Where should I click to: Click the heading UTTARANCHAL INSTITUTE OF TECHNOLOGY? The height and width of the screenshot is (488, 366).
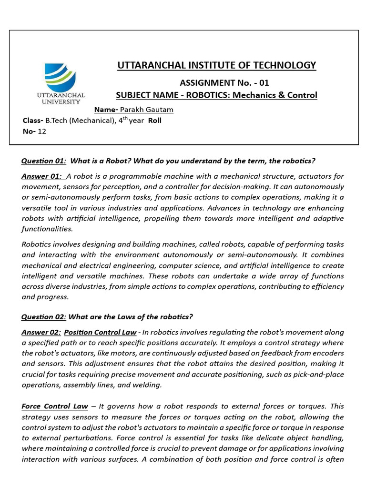click(x=217, y=65)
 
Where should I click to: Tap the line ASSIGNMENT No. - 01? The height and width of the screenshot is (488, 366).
click(x=224, y=82)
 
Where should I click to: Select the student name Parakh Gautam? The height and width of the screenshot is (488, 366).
click(x=146, y=110)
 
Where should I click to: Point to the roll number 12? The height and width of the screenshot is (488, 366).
click(x=42, y=131)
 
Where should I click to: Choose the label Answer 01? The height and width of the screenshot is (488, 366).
click(x=41, y=176)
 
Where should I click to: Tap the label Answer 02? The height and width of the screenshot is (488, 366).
click(x=41, y=332)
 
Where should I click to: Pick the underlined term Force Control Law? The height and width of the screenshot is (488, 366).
click(x=55, y=406)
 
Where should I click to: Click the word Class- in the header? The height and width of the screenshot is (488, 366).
click(x=33, y=121)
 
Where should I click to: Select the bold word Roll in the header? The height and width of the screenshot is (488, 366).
click(x=155, y=121)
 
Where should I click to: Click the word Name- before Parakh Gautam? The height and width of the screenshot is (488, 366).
click(x=106, y=110)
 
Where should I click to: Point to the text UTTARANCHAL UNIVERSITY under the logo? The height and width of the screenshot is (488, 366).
click(x=61, y=98)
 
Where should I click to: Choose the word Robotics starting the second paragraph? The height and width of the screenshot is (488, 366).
click(x=37, y=244)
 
